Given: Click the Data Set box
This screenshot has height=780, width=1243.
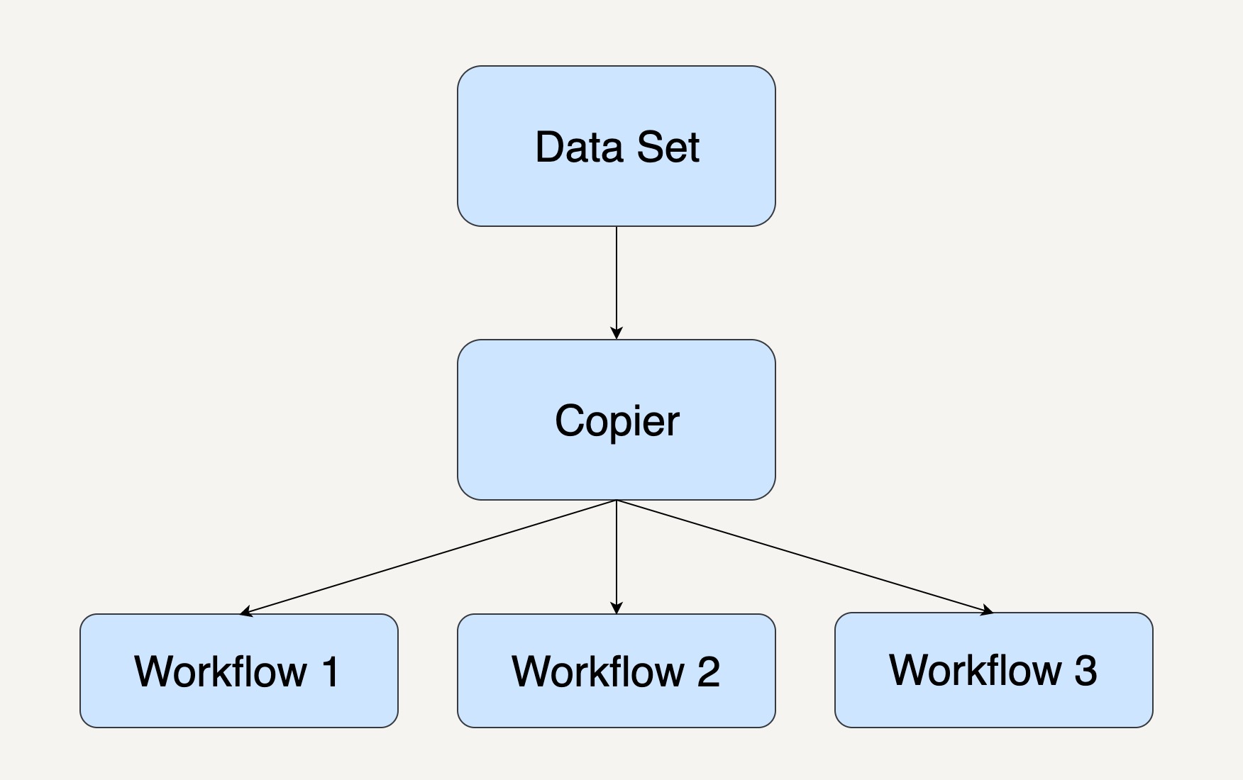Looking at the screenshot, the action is pyautogui.click(x=617, y=146).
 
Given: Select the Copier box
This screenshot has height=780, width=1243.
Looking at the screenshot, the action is pyautogui.click(x=617, y=420).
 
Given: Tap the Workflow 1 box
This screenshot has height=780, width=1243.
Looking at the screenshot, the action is pyautogui.click(x=239, y=671).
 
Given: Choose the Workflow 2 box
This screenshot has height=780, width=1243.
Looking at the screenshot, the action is pyautogui.click(x=617, y=671).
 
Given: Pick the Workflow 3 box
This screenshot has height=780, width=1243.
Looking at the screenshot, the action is pyautogui.click(x=994, y=670).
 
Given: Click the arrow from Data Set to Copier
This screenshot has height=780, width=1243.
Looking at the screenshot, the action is pyautogui.click(x=617, y=283).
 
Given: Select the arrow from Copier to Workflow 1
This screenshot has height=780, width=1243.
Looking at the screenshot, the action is pyautogui.click(x=429, y=557).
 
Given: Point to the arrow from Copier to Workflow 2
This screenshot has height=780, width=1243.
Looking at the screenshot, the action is pyautogui.click(x=617, y=557).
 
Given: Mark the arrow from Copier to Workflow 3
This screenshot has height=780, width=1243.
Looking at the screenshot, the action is pyautogui.click(x=805, y=557).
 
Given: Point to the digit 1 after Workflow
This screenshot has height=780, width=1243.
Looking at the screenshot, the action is pyautogui.click(x=331, y=671).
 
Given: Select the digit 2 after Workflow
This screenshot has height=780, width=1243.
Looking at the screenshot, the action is pyautogui.click(x=708, y=671).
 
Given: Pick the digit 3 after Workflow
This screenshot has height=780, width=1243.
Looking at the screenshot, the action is pyautogui.click(x=1085, y=670).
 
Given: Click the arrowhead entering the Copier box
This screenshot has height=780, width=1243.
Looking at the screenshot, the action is pyautogui.click(x=617, y=333).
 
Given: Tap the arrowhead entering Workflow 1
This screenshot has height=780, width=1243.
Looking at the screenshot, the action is pyautogui.click(x=246, y=611).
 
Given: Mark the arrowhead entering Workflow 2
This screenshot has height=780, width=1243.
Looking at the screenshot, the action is pyautogui.click(x=617, y=607).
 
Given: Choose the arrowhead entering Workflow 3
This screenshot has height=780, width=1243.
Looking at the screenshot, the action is pyautogui.click(x=987, y=610).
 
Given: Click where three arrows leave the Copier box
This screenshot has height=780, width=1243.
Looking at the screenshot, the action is pyautogui.click(x=617, y=500).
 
